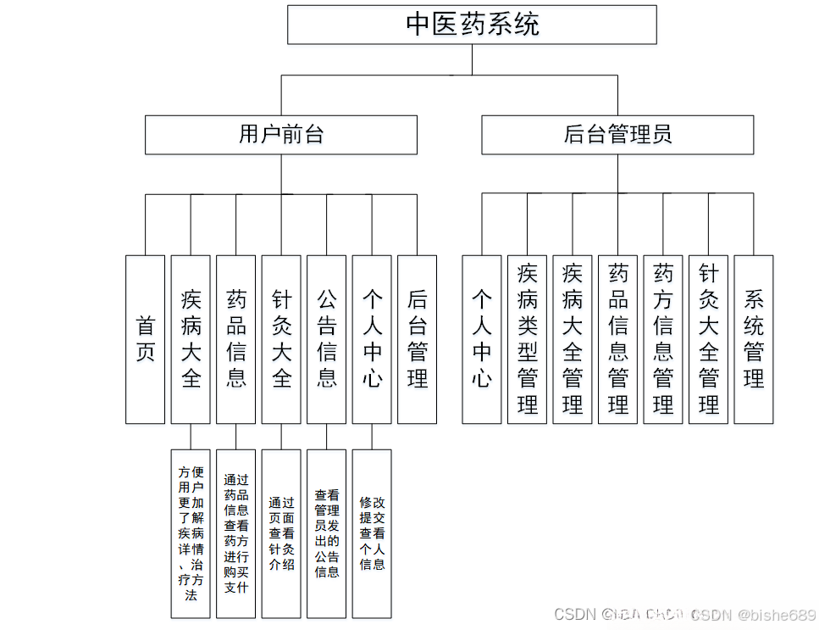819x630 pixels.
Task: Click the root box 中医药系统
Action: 472,25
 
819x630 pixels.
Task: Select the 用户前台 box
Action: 281,135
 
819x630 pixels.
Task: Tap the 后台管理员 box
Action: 617,135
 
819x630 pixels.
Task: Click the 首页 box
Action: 145,339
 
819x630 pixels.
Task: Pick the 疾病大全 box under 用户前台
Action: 191,339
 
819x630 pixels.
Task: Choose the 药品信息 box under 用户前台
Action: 235,339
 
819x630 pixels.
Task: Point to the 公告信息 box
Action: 326,339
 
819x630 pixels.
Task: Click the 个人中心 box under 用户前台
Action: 372,339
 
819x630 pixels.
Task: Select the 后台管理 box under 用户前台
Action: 417,339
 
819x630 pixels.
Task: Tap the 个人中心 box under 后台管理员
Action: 482,339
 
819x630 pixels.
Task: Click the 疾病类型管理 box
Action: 527,339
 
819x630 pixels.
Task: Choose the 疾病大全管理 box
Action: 573,339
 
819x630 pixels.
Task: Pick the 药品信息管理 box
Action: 617,339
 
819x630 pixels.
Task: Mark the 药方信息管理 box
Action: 663,339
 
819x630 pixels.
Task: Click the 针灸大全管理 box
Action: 708,339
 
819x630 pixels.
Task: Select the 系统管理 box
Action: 754,339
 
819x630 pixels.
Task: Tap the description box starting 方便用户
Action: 191,533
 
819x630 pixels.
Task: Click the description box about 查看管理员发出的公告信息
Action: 326,533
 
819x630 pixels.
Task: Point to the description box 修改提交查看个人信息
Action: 372,533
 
